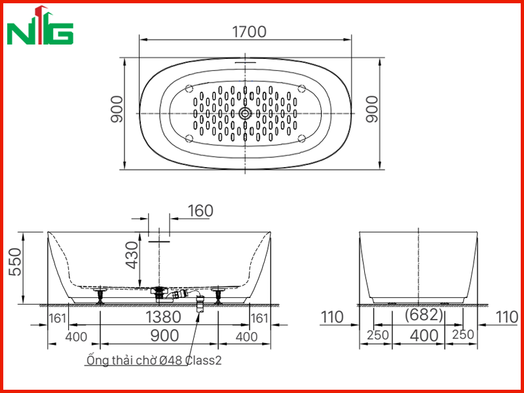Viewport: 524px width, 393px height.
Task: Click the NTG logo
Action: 40,26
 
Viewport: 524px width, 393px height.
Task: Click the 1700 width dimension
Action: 250,31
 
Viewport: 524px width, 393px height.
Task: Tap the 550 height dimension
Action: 15,261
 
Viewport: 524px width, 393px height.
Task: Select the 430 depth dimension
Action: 132,255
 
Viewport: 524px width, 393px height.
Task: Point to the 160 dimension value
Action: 200,211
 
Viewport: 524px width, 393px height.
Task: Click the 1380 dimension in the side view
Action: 163,317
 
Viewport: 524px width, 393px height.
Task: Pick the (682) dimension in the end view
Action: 424,315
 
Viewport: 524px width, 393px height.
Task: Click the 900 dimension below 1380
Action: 165,335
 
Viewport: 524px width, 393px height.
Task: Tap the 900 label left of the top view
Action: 117,109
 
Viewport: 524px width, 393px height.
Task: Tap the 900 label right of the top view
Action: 371,109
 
